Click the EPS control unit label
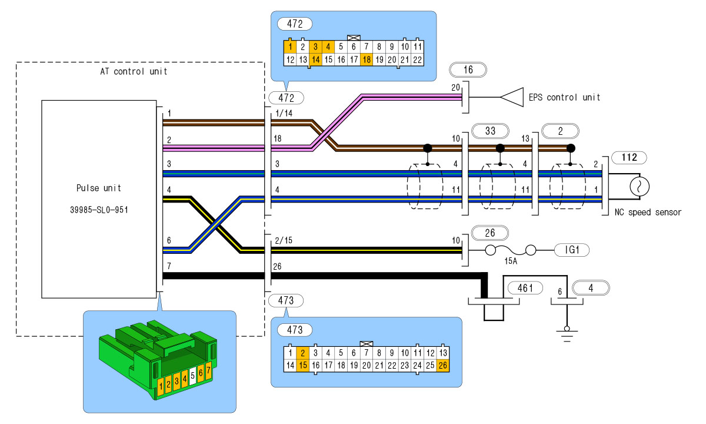pos(565,97)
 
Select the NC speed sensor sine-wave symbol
pos(638,187)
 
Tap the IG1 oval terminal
pos(571,251)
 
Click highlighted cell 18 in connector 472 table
pos(367,59)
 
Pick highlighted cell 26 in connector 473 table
pos(442,365)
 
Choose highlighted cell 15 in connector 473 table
pos(302,365)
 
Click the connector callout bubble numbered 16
pos(468,69)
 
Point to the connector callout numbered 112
pos(629,157)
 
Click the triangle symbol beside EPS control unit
pos(512,97)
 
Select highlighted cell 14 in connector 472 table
pos(315,59)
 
